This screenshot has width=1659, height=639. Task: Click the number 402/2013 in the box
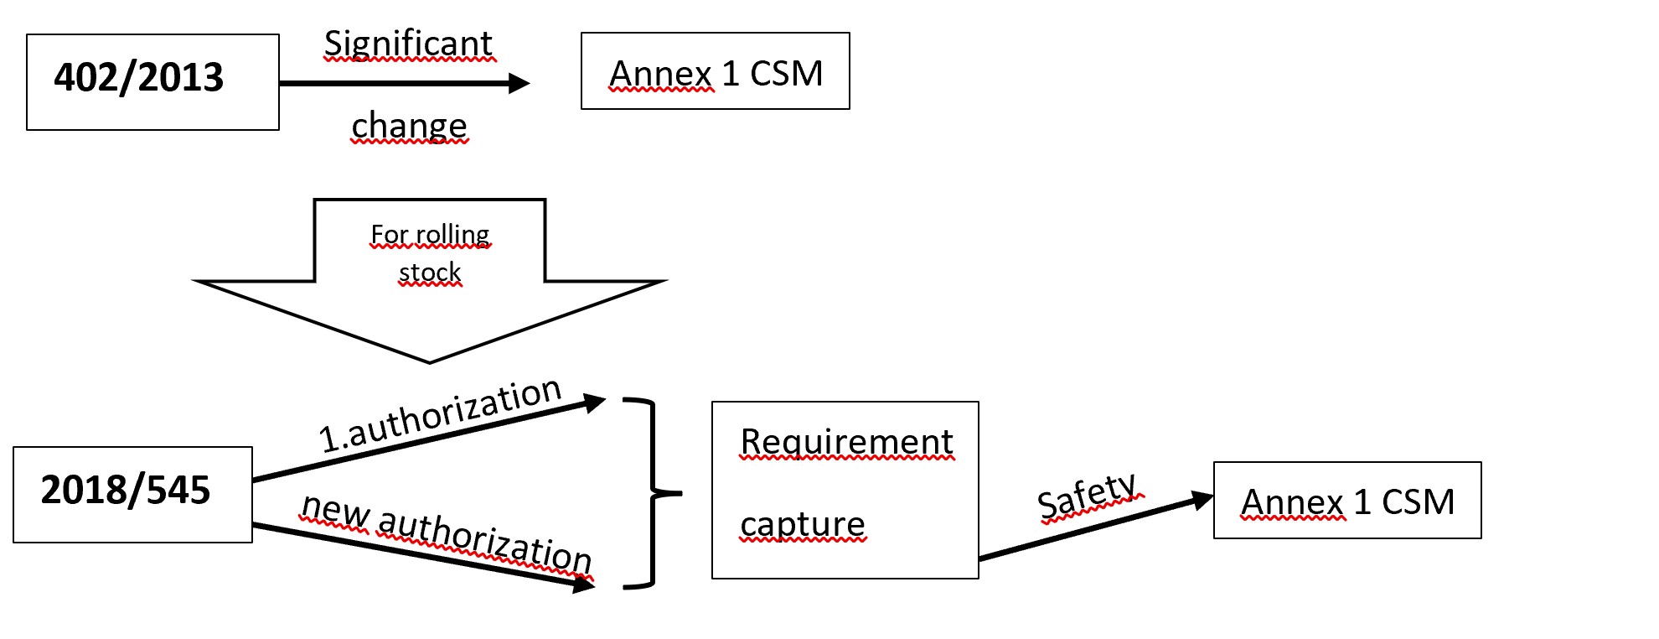pos(139,78)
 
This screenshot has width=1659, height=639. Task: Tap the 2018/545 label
pos(126,491)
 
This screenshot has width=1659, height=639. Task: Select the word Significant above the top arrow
pos(409,44)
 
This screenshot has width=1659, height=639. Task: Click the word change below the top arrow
pos(409,126)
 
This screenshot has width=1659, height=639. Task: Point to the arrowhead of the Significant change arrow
pos(520,83)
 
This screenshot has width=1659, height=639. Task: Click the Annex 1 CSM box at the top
pos(715,72)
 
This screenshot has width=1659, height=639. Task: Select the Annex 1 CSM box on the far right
pos(1346,501)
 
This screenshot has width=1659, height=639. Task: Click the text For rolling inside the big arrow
pos(430,234)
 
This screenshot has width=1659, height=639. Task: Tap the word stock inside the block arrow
pos(430,273)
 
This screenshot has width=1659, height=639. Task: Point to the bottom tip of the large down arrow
pos(430,361)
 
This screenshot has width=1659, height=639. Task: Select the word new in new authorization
pos(335,511)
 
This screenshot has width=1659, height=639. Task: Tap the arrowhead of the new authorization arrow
pos(585,585)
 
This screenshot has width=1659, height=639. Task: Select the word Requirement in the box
pos(846,442)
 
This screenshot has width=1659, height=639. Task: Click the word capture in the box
pos(802,524)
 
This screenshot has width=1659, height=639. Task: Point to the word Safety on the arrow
pos(1087,495)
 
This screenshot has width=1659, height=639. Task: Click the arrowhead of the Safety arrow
pos(1204,500)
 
